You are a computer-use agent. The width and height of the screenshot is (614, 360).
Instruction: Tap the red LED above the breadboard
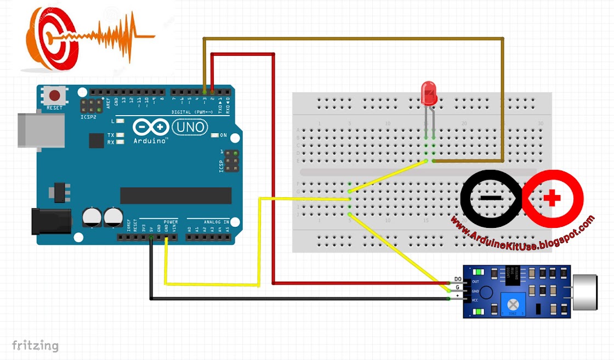[x=429, y=93]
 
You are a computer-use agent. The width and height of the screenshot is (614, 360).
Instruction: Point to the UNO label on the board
[x=190, y=128]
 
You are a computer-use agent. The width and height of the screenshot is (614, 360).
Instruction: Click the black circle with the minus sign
[x=491, y=198]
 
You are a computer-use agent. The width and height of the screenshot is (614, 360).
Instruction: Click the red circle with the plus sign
[x=553, y=198]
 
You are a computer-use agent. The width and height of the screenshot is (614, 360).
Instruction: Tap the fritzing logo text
[x=35, y=345]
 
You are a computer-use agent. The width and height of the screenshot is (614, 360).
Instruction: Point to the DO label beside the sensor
[x=457, y=279]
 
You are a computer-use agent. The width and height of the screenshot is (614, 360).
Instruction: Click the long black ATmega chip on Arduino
[x=176, y=195]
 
